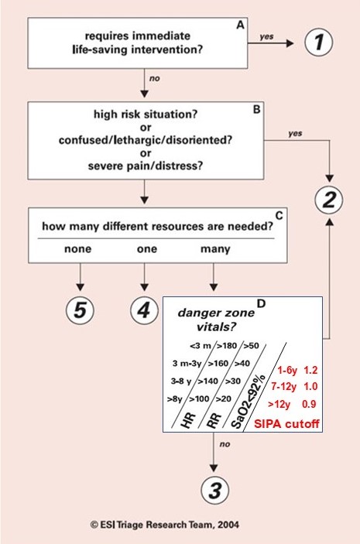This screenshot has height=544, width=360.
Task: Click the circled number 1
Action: pos(319,42)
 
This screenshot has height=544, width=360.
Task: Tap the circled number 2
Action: pos(329,200)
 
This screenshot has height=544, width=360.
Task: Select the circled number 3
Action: pos(215,491)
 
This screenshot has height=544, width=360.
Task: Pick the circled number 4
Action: pos(144,310)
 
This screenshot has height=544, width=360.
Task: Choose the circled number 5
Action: pos(80,310)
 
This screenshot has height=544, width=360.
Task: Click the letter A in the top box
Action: pos(240,25)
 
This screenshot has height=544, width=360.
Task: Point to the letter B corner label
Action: pos(256,109)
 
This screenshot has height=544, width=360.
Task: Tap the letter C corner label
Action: pos(279,215)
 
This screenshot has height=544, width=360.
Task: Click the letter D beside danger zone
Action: pos(261,303)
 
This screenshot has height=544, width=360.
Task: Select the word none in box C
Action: pos(77,248)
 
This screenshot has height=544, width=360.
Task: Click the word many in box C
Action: pos(215,249)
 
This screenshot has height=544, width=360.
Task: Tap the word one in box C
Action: pos(147,248)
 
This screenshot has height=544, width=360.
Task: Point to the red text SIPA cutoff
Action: pos(286,423)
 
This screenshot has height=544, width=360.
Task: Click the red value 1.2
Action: pos(310,370)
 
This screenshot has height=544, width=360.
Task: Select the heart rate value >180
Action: pos(227,346)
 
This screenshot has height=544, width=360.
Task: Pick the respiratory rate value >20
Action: pos(223,399)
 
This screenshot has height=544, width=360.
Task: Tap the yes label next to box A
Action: pos(266,36)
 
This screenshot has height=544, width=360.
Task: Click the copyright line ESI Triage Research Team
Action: pos(165,525)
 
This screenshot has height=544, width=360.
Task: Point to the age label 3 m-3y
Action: pos(187,363)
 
